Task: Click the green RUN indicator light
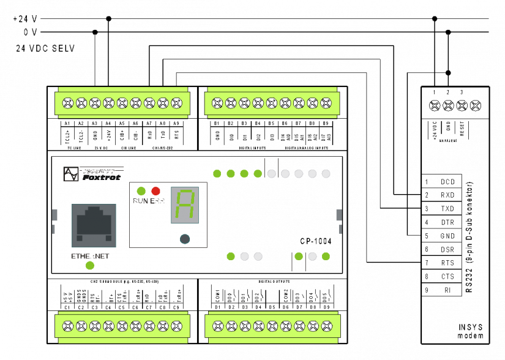(141, 191)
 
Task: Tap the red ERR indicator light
(155, 191)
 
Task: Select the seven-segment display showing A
(184, 205)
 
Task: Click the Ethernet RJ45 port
(94, 225)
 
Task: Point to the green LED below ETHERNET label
(90, 266)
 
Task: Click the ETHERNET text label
(90, 257)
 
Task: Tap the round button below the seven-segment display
(185, 239)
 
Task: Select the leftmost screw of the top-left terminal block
(67, 103)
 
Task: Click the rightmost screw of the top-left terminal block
(176, 103)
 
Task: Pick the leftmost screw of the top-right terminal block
(217, 103)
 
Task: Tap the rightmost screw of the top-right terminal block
(326, 103)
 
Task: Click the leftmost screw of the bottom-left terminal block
(67, 326)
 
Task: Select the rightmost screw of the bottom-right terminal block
(326, 326)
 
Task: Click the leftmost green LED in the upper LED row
(217, 174)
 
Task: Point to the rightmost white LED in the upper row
(326, 174)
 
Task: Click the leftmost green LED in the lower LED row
(231, 257)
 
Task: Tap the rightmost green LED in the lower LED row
(326, 257)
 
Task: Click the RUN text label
(140, 201)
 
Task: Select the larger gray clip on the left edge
(54, 215)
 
